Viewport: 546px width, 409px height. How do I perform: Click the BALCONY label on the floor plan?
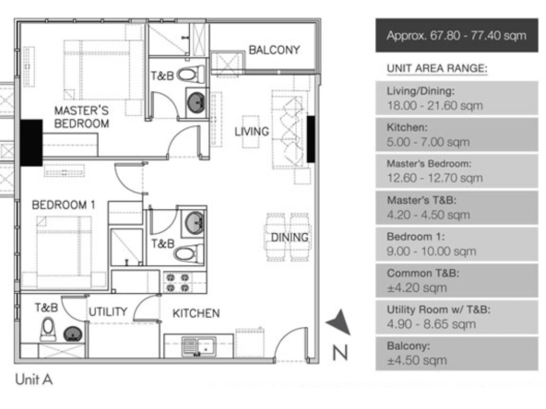click(x=274, y=50)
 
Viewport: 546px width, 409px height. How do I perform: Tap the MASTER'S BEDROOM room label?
click(x=81, y=117)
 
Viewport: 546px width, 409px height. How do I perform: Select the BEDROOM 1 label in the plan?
click(x=64, y=204)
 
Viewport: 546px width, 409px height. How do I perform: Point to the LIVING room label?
click(x=252, y=132)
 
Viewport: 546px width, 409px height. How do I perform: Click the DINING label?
click(x=290, y=238)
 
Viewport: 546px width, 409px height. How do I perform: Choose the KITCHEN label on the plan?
click(x=196, y=313)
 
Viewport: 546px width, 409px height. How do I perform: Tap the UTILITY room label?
click(x=108, y=311)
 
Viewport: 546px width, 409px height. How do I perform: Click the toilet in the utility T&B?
click(x=48, y=330)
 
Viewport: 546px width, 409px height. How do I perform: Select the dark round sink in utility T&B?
click(x=73, y=334)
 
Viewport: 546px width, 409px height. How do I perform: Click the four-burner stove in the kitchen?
click(x=178, y=283)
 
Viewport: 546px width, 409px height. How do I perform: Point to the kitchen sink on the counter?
click(x=199, y=346)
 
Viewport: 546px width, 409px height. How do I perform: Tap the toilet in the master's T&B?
click(x=191, y=75)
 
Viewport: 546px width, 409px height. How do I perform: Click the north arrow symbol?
click(x=338, y=321)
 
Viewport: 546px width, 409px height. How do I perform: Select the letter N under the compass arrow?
click(x=339, y=353)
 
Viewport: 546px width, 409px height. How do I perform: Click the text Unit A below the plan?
click(x=34, y=380)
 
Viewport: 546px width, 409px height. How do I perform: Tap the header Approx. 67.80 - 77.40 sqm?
click(x=457, y=36)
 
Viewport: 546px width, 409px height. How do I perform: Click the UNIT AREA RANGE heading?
click(x=437, y=68)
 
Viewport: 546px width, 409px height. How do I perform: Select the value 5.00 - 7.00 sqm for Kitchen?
click(x=428, y=142)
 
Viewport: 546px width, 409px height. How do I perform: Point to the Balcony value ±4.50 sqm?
click(x=417, y=360)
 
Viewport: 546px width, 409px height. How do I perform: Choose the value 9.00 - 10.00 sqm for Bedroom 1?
click(x=431, y=251)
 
